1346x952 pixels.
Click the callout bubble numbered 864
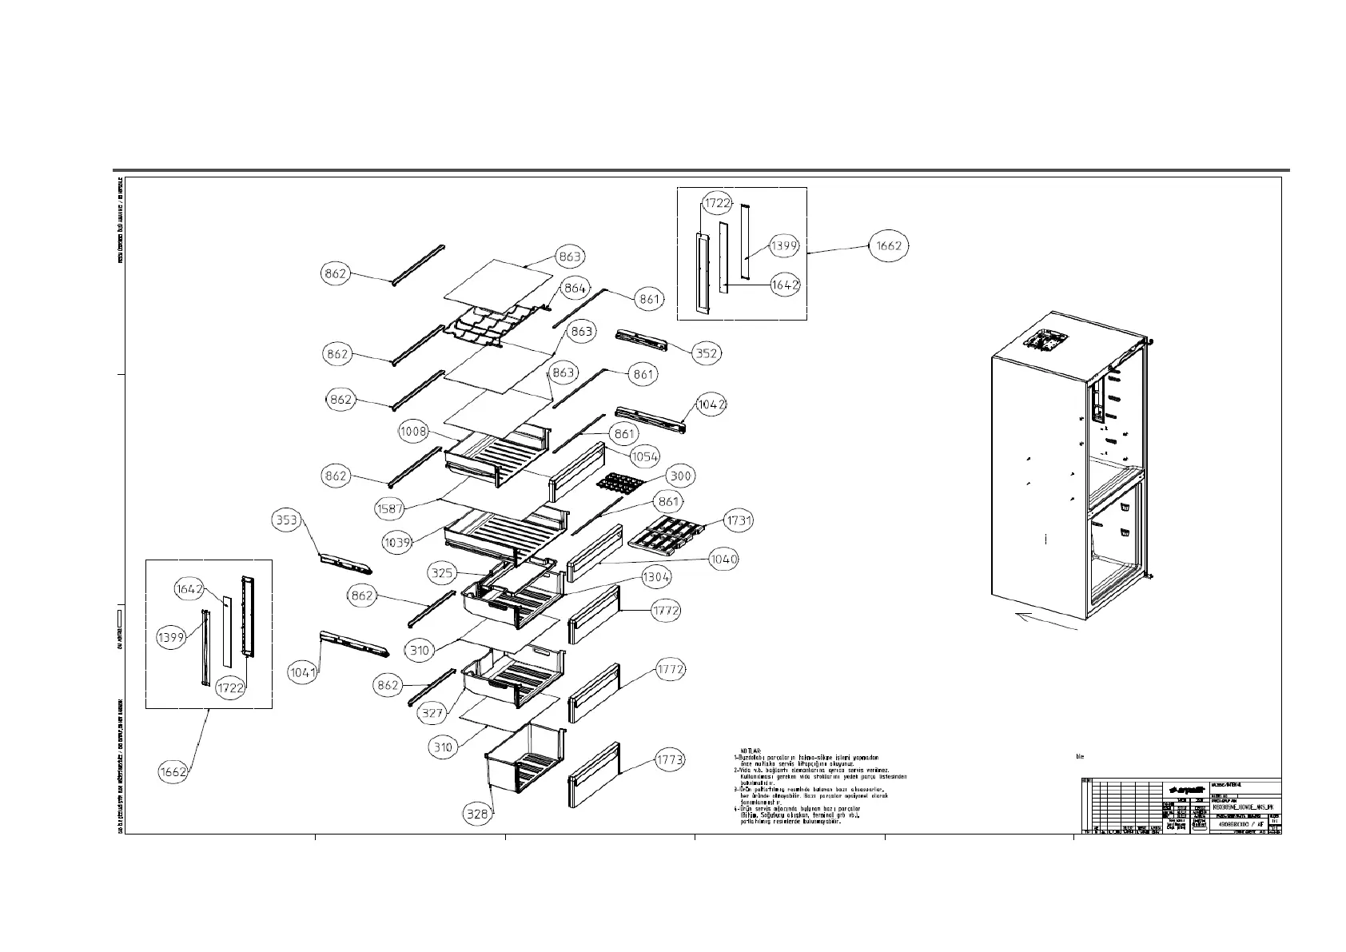[575, 288]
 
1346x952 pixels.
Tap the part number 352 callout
[707, 353]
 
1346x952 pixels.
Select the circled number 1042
[711, 404]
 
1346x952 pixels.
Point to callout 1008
[414, 432]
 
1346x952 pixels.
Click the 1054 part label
[644, 456]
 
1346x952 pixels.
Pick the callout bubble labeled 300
[680, 476]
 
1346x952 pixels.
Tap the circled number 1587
[389, 508]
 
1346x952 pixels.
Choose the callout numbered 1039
[397, 542]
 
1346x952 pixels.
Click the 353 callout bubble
[286, 520]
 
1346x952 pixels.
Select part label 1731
[739, 520]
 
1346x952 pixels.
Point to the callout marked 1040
[724, 559]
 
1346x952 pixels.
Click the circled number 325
[442, 572]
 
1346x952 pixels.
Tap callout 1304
[657, 576]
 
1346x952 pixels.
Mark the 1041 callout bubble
[304, 672]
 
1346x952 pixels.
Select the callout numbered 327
[432, 712]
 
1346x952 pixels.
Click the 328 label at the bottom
[478, 814]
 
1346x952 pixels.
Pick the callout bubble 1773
[670, 759]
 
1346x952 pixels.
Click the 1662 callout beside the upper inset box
[889, 245]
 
